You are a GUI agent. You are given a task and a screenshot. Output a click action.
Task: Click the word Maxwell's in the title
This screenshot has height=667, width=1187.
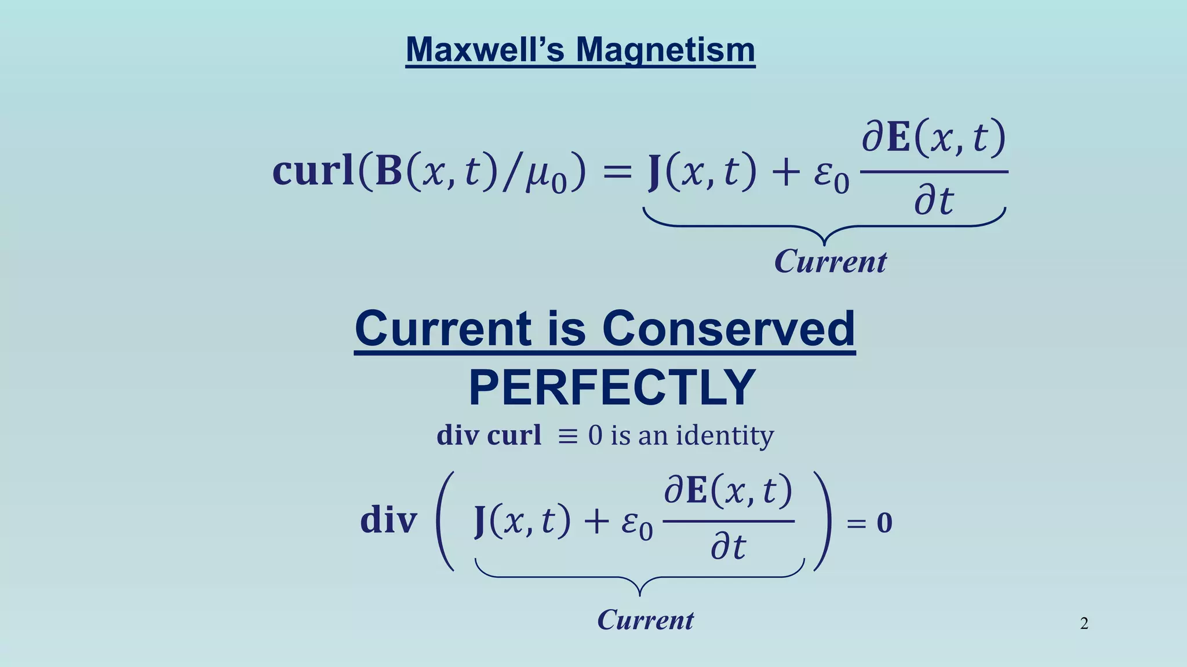point(485,50)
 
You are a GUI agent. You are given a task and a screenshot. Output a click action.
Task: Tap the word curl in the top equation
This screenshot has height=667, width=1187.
point(313,171)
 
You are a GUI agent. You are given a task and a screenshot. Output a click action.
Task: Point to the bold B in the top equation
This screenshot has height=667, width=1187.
point(389,171)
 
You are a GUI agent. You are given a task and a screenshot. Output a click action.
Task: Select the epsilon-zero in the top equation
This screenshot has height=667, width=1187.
point(831,176)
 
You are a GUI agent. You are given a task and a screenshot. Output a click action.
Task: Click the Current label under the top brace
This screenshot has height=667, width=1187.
point(830,262)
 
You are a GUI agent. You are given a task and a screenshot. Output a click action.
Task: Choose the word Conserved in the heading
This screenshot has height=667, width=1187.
point(728,329)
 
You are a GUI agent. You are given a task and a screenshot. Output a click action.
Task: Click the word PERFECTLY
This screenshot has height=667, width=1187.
point(612,388)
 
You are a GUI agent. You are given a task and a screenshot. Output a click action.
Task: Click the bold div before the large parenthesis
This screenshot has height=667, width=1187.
point(388,520)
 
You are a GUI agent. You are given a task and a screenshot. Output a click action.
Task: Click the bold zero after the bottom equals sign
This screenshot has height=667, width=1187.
point(884,523)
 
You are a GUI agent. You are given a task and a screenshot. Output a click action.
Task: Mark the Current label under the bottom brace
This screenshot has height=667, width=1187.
point(645,620)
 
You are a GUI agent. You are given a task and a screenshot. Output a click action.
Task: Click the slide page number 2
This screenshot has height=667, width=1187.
point(1084,624)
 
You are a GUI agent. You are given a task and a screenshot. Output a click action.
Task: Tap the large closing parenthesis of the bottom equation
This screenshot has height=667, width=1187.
point(823,521)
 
